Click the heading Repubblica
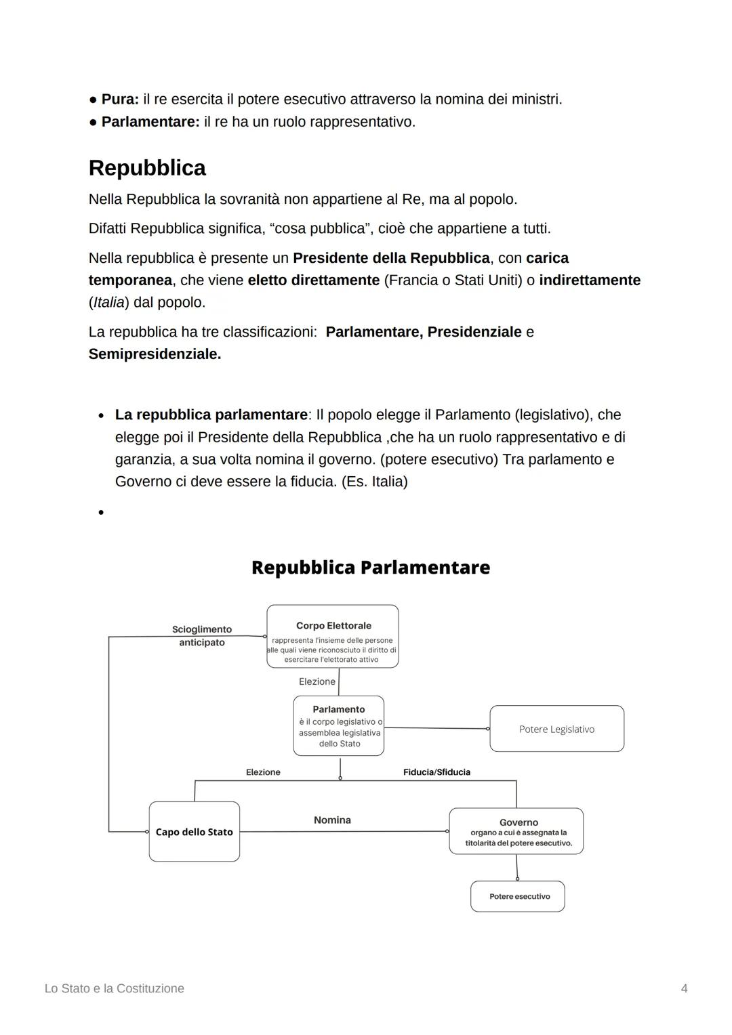click(x=147, y=168)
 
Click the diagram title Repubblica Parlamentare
click(x=370, y=568)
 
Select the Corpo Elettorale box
click(x=332, y=637)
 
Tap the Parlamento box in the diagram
click(x=338, y=726)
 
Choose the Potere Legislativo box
click(x=556, y=729)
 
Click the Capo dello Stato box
click(x=194, y=832)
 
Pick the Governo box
click(x=516, y=831)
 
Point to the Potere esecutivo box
click(x=518, y=896)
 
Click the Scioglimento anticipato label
click(x=201, y=636)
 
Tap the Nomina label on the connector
click(x=332, y=820)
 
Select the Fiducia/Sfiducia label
click(x=436, y=772)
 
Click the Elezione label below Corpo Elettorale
click(x=317, y=681)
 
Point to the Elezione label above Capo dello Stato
click(x=263, y=772)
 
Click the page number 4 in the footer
click(x=684, y=988)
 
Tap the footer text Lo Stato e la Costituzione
click(x=115, y=988)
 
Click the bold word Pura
click(x=119, y=100)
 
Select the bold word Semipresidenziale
click(x=155, y=354)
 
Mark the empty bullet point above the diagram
click(x=100, y=513)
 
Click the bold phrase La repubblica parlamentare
click(x=211, y=415)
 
